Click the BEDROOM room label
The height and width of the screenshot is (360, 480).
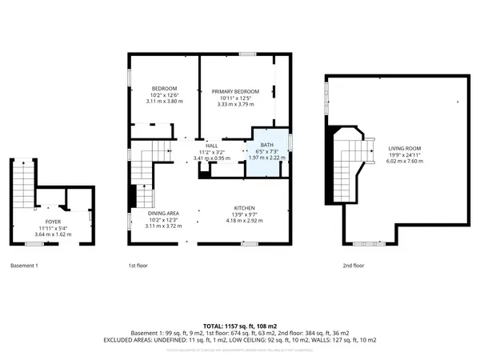pyautogui.click(x=165, y=88)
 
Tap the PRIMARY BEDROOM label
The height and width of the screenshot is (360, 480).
pyautogui.click(x=238, y=91)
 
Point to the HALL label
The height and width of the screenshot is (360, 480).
pyautogui.click(x=212, y=146)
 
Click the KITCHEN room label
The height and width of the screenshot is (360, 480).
pyautogui.click(x=244, y=206)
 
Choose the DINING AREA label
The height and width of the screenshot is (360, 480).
pyautogui.click(x=164, y=213)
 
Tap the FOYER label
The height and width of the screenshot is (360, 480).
pyautogui.click(x=54, y=222)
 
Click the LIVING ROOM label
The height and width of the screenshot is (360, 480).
pyautogui.click(x=403, y=148)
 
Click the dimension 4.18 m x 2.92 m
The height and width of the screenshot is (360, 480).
pyautogui.click(x=244, y=218)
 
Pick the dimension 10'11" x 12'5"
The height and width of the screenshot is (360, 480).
pyautogui.click(x=238, y=98)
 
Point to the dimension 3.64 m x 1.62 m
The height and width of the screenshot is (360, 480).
pyautogui.click(x=54, y=234)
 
